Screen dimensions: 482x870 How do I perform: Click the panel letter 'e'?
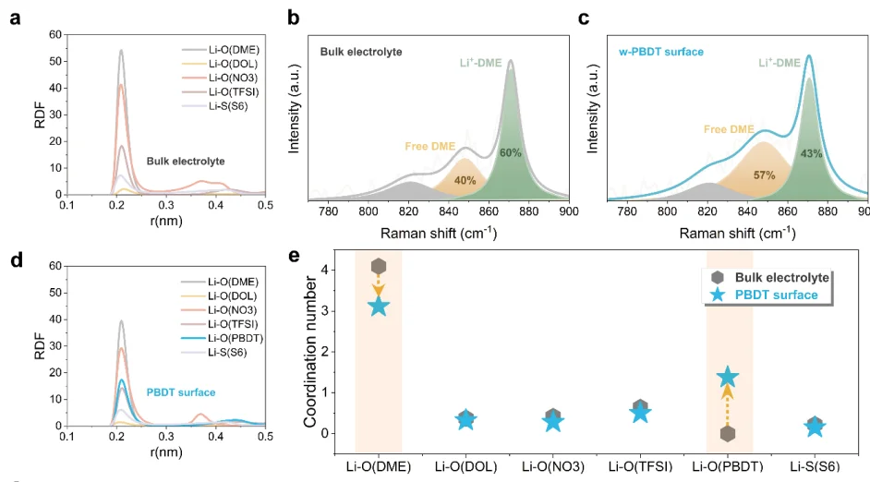pos(294,257)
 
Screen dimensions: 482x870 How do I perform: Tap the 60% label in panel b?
pos(510,153)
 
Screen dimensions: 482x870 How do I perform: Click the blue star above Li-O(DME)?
pos(379,305)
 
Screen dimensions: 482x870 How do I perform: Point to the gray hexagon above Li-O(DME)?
pos(379,267)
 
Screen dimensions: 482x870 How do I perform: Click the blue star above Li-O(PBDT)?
pos(728,377)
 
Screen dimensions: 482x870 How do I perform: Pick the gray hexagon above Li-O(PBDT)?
pos(728,433)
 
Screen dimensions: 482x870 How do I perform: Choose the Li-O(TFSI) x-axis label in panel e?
pos(640,467)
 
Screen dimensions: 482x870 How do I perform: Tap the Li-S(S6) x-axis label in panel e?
pos(815,467)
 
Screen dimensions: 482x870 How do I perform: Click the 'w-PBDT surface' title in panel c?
pos(661,52)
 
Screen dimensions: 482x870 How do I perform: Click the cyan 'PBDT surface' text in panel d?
pos(181,392)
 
